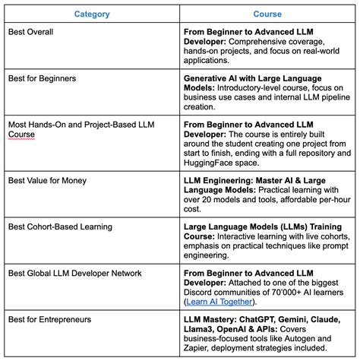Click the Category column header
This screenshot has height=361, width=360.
(x=92, y=14)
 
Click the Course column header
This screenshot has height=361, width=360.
(x=267, y=14)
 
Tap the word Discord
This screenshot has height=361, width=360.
(x=203, y=292)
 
